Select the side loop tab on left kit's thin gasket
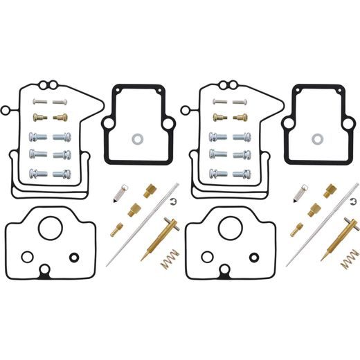(6, 109)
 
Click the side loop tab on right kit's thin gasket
(186, 109)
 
